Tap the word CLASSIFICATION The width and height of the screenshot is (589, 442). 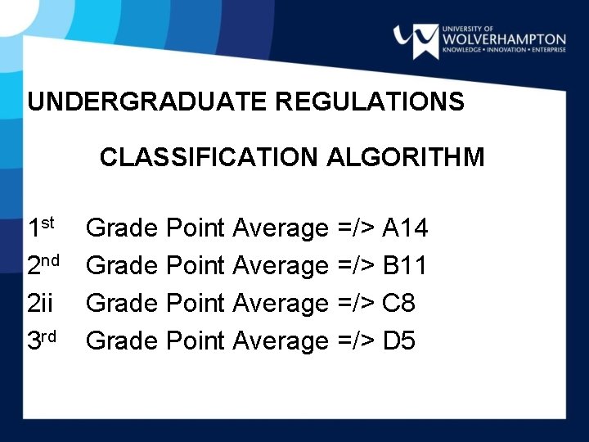pos(207,156)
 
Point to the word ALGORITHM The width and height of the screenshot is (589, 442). pos(405,156)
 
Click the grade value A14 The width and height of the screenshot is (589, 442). pos(405,228)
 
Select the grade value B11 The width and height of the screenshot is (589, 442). pos(405,265)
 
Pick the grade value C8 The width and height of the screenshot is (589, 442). pos(398,304)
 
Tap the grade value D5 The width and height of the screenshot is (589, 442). pos(398,341)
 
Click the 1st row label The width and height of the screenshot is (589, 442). pos(41,226)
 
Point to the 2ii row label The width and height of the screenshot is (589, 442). pos(40,304)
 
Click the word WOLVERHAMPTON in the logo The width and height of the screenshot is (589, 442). pos(503,38)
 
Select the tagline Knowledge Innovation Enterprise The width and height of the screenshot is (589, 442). pos(503,50)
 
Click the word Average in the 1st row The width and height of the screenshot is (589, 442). pos(280,228)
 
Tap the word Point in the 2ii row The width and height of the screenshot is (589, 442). pos(198,304)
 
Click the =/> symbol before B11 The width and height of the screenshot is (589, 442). pos(355,265)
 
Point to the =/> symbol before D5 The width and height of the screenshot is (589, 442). pos(355,341)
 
